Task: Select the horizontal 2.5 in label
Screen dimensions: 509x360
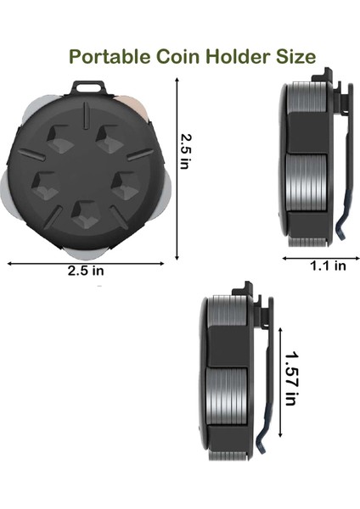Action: pyautogui.click(x=86, y=271)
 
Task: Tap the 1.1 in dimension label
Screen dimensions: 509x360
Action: pyautogui.click(x=327, y=265)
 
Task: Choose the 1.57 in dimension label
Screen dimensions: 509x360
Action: pyautogui.click(x=291, y=378)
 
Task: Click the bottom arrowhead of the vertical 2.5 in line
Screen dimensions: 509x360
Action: pyautogui.click(x=177, y=257)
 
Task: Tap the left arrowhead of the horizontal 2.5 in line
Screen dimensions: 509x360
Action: pyautogui.click(x=10, y=264)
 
